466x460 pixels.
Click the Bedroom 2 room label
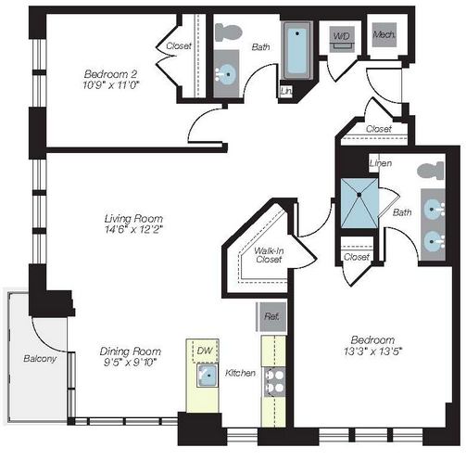tap(110, 74)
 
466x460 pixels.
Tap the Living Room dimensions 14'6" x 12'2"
tap(133, 230)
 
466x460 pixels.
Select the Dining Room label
tap(131, 351)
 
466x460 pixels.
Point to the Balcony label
tap(40, 359)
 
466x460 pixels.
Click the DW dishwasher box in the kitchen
tap(205, 351)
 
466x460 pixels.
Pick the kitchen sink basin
tap(208, 375)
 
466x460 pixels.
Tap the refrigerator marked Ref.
tap(271, 316)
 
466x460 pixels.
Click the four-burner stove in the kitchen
tap(275, 382)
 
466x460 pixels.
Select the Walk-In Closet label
tap(269, 255)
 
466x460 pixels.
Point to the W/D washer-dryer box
tap(342, 39)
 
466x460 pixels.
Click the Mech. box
tap(384, 34)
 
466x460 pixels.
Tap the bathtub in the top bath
tap(297, 50)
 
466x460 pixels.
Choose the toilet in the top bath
tap(228, 32)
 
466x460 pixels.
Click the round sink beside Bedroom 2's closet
tap(226, 73)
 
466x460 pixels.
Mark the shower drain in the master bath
tap(359, 195)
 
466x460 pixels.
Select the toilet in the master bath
tap(431, 171)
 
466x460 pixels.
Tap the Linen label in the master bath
tap(381, 163)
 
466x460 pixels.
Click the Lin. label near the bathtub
tap(286, 91)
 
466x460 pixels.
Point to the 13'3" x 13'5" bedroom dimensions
tap(372, 351)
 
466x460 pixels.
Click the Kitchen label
tap(240, 373)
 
